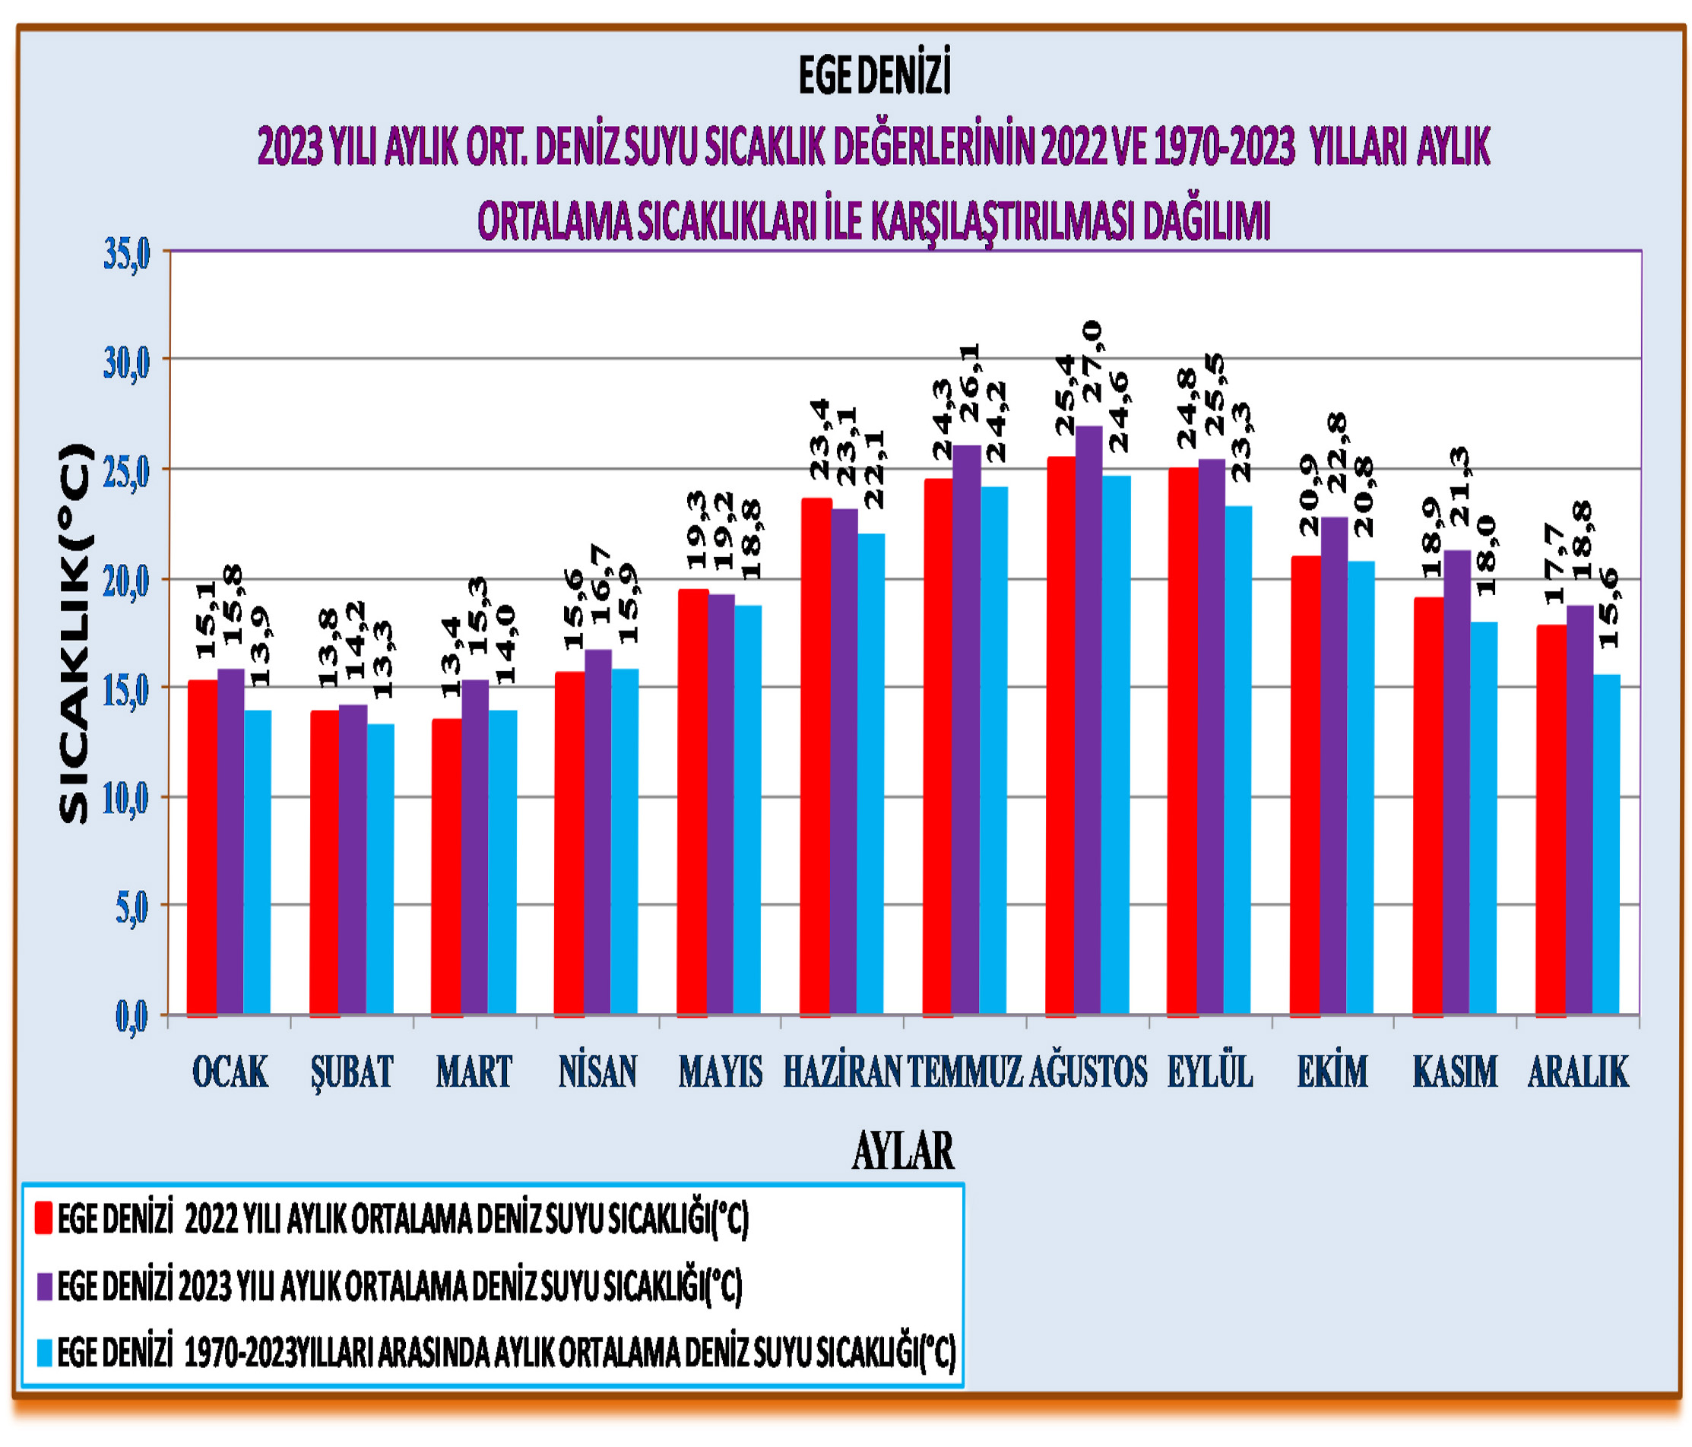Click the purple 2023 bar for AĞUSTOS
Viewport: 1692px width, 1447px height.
1088,719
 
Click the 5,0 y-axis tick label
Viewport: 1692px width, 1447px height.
131,908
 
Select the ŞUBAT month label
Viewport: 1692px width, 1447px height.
352,1072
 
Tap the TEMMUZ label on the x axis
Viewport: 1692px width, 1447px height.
965,1072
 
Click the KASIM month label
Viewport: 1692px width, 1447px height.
1455,1072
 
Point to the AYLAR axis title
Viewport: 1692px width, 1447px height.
902,1151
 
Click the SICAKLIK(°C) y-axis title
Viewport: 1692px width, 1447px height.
74,632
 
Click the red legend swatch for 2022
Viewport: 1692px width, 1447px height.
44,1217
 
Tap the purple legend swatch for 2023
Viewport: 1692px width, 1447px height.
44,1286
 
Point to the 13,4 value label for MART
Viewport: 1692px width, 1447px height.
452,657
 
